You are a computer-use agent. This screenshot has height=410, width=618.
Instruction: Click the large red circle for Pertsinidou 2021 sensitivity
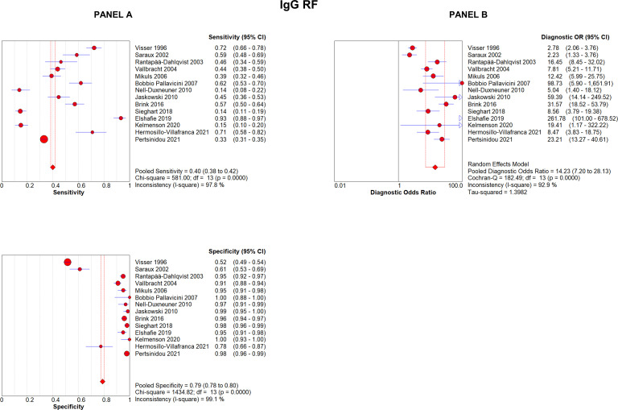pos(44,139)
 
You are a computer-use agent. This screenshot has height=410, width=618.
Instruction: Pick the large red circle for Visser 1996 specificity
pos(68,262)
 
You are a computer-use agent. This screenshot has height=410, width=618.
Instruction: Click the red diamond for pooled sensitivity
pos(53,167)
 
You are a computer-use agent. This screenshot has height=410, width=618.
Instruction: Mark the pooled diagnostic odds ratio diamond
pos(435,167)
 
